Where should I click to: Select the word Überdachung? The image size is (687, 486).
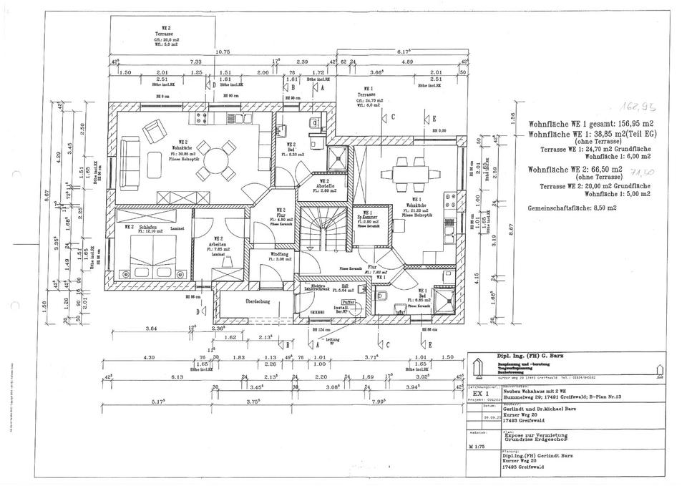click(258, 301)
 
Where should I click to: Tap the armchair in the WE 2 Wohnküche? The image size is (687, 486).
click(154, 132)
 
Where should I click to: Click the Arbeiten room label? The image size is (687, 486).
click(218, 243)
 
